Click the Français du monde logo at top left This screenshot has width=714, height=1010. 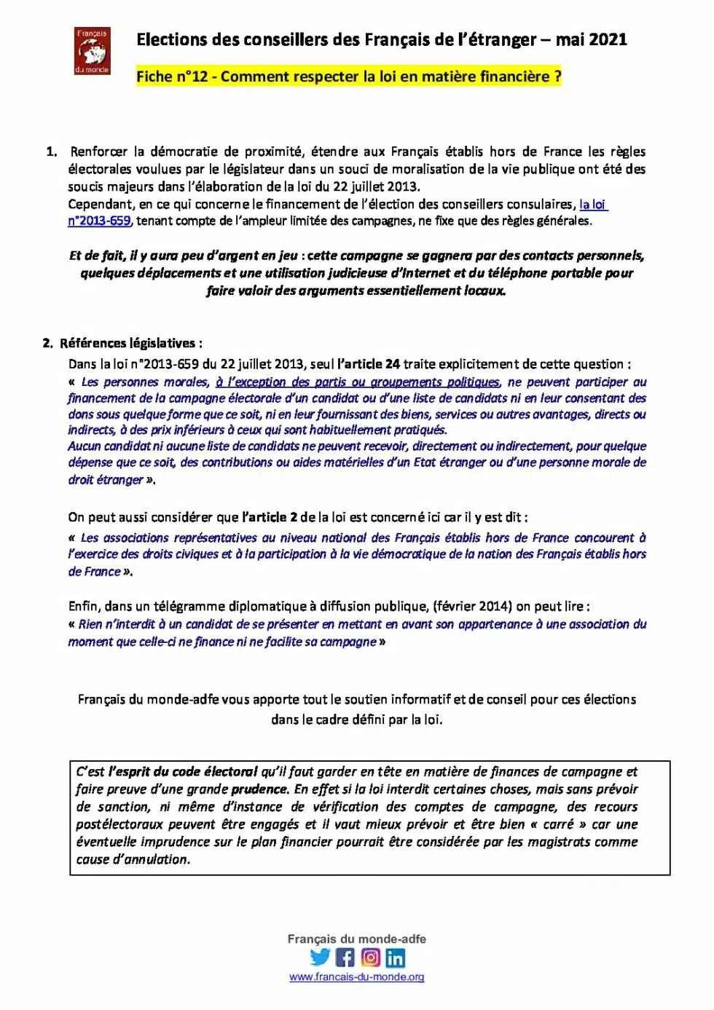pos(93,51)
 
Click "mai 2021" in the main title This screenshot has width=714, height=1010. pos(591,40)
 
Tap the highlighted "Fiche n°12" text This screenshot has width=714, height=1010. pos(172,76)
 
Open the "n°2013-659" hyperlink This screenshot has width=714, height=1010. pos(99,221)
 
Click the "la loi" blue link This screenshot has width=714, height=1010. pos(592,204)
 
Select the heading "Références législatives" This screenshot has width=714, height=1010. pos(127,343)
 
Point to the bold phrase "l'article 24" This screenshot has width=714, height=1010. pos(369,364)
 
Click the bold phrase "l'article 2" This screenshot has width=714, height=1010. pos(270,517)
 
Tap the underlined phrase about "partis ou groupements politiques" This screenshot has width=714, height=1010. pos(358,382)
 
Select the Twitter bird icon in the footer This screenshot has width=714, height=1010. pos(320,958)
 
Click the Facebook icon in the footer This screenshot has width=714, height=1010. pos(345,958)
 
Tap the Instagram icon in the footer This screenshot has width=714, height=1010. pos(370,958)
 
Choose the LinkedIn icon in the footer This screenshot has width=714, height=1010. pos(396,958)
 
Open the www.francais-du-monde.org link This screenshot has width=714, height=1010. pos(356,977)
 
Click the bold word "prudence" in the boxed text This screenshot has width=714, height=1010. pos(259,789)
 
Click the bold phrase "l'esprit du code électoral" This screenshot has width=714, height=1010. pos(183,772)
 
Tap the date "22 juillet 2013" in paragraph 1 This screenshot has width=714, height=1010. pos(376,186)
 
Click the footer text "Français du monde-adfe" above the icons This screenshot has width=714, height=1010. pos(356,939)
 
